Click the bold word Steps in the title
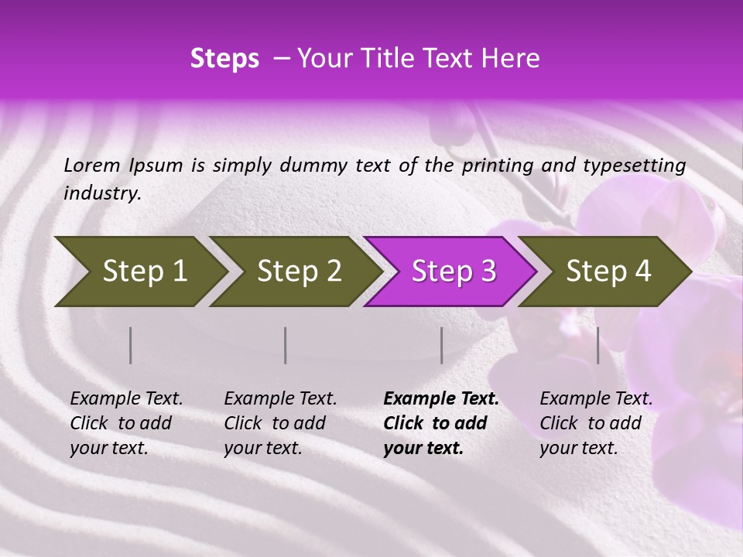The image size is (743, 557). pyautogui.click(x=224, y=59)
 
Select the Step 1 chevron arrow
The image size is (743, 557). pyautogui.click(x=139, y=272)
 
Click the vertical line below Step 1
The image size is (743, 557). pyautogui.click(x=131, y=345)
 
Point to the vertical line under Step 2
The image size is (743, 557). pyautogui.click(x=286, y=345)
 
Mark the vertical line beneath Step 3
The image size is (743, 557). pyautogui.click(x=442, y=345)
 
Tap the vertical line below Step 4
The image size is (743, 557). pyautogui.click(x=598, y=345)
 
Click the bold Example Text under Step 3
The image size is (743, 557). pyautogui.click(x=441, y=399)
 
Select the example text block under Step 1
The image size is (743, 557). pyautogui.click(x=125, y=423)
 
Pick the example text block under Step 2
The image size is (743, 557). pyautogui.click(x=279, y=423)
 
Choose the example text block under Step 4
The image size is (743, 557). pyautogui.click(x=595, y=423)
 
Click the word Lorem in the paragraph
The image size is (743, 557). pyautogui.click(x=92, y=166)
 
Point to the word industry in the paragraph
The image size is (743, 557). pyautogui.click(x=101, y=193)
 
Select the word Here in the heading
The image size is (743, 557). pyautogui.click(x=512, y=59)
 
